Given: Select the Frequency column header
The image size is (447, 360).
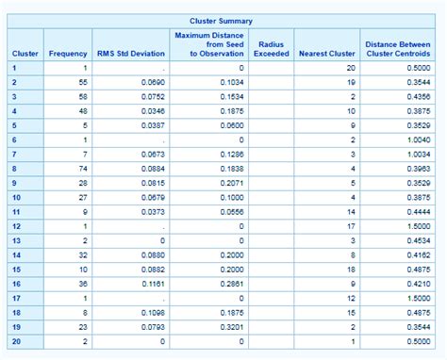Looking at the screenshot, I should pyautogui.click(x=68, y=53).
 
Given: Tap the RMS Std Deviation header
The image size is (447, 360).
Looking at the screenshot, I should pyautogui.click(x=130, y=53).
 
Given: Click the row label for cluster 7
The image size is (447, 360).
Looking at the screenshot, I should pyautogui.click(x=15, y=154).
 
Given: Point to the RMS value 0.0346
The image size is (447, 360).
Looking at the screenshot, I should pyautogui.click(x=151, y=111).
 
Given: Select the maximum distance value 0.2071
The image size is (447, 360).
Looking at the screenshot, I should pyautogui.click(x=231, y=182).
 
